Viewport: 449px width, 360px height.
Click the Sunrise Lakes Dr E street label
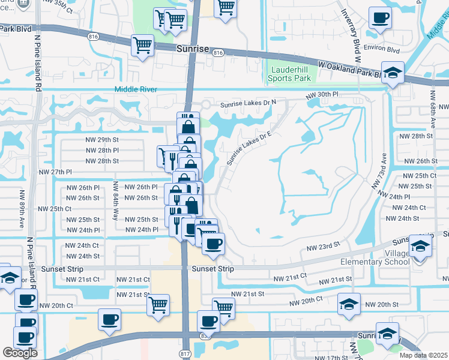(249, 147)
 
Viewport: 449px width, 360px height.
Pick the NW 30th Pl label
(322, 95)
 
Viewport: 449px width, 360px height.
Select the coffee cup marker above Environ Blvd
(379, 18)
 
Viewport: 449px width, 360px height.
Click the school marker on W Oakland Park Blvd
(393, 74)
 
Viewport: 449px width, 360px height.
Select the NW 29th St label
(102, 139)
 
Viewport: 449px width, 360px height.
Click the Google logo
(20, 353)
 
